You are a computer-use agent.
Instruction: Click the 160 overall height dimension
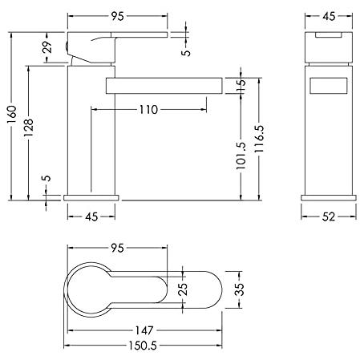[12, 115]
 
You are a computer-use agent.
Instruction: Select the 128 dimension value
[29, 127]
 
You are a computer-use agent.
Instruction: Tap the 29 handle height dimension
[47, 47]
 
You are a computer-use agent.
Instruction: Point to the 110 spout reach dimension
[148, 110]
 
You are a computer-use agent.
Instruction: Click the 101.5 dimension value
[241, 156]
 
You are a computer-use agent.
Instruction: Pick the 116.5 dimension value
[259, 139]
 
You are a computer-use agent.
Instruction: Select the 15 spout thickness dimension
[241, 86]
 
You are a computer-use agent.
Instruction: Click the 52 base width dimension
[329, 216]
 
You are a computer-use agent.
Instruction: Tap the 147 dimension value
[144, 330]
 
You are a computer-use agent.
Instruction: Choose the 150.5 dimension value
[143, 346]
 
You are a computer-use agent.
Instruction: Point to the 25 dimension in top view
[184, 289]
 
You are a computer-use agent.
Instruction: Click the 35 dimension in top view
[239, 289]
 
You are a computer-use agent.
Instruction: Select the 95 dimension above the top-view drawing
[118, 248]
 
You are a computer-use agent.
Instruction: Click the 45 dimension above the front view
[329, 16]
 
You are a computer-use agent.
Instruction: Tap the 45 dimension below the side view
[91, 216]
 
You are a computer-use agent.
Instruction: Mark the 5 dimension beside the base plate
[47, 178]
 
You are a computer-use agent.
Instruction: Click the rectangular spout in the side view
[164, 86]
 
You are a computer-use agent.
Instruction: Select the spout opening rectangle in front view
[329, 86]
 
